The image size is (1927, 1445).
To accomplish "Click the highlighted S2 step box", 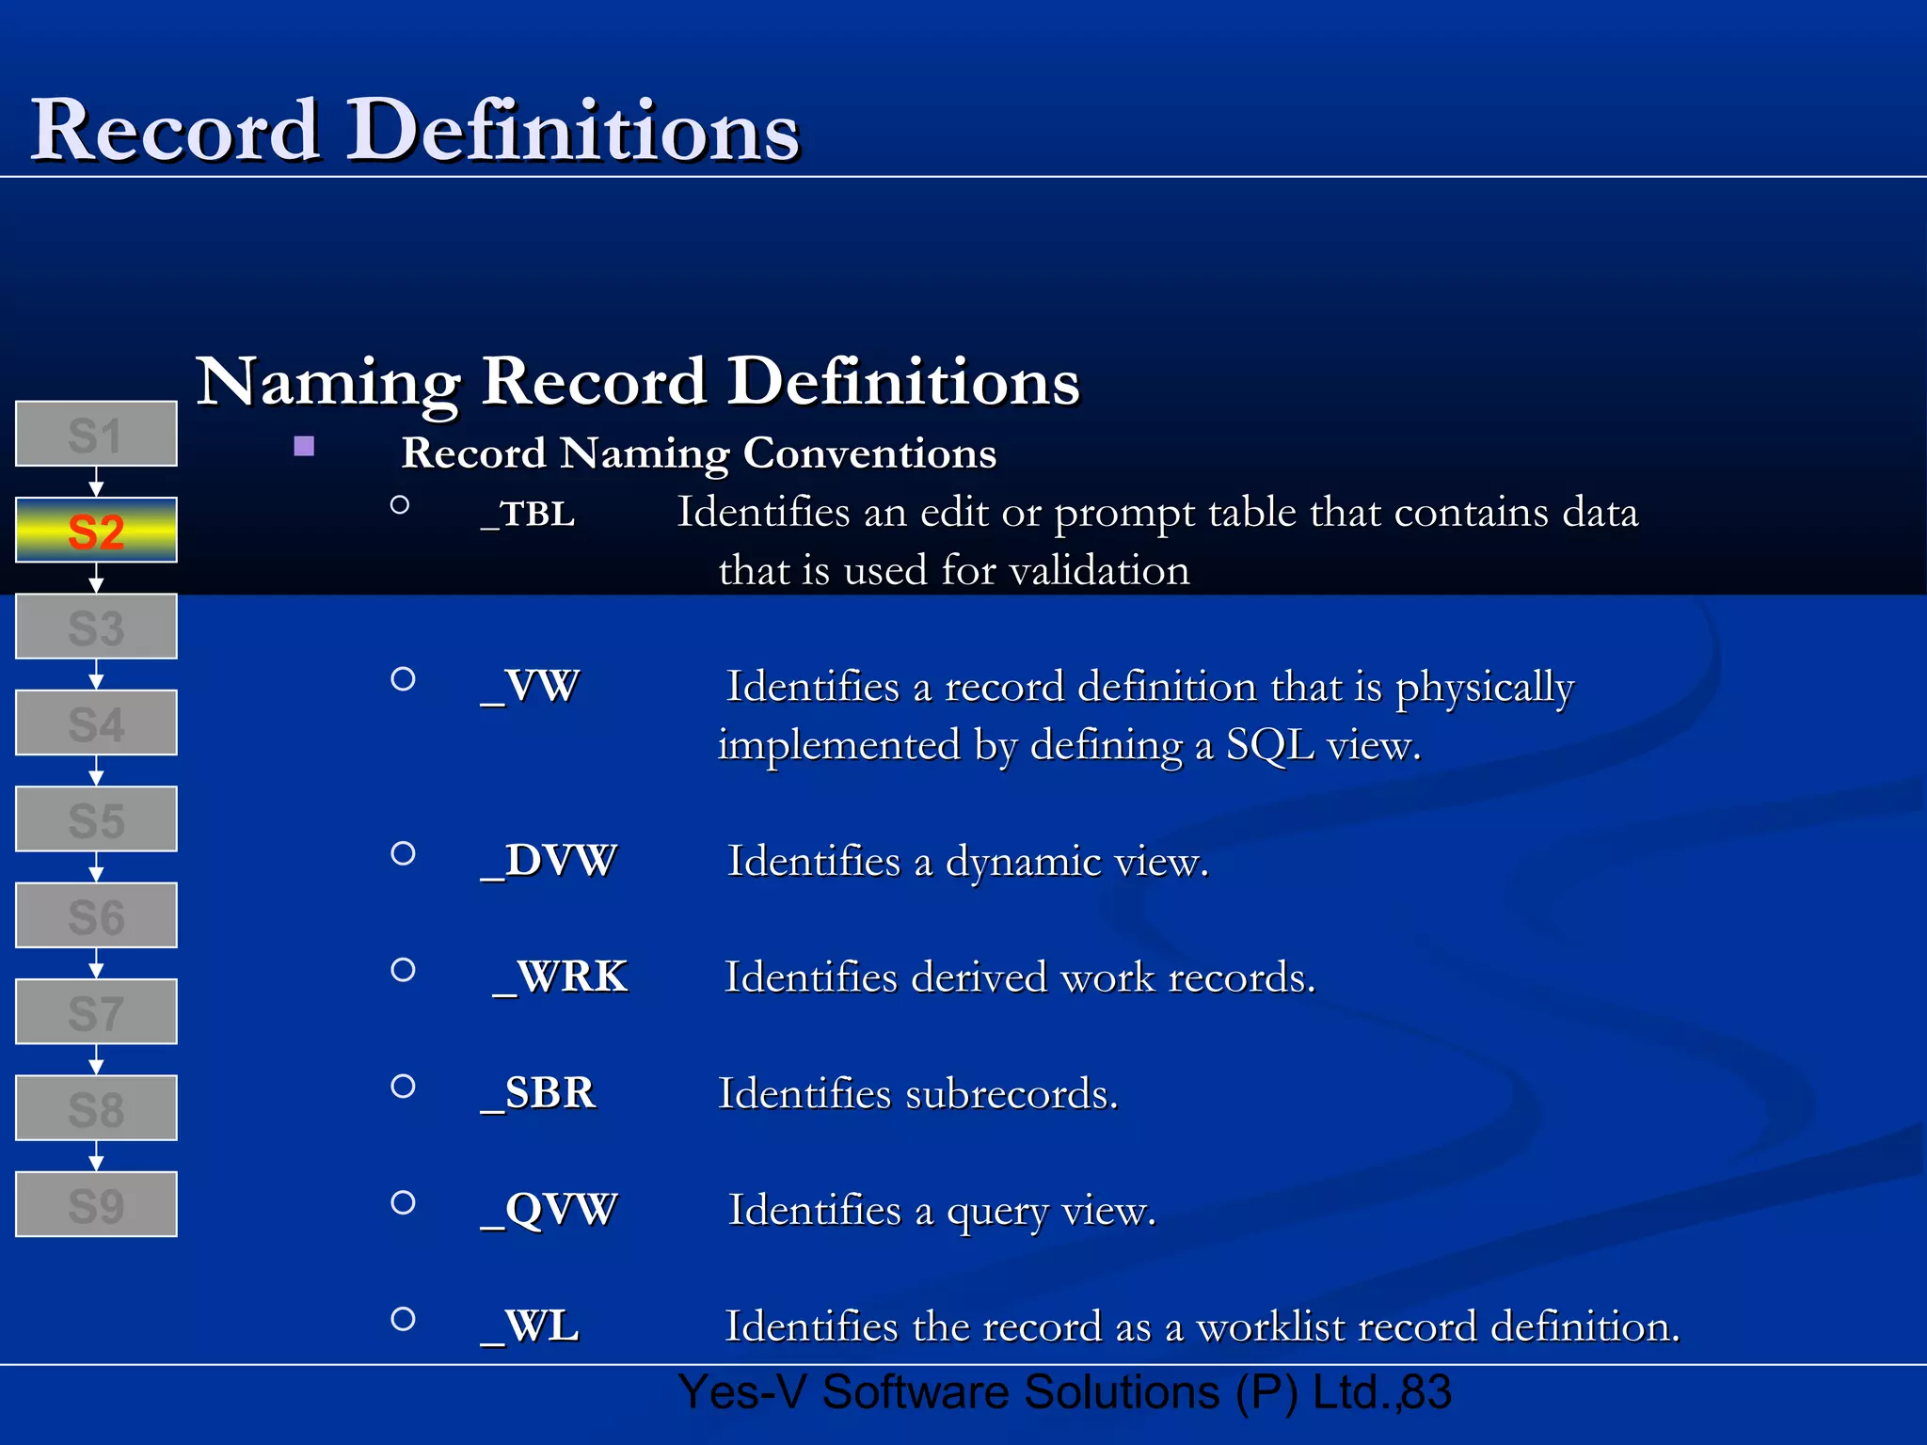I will [x=96, y=531].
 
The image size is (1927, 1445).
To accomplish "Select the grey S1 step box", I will [x=96, y=434].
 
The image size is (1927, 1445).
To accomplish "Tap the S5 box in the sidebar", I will [x=96, y=819].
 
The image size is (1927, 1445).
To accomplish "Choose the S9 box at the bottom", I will [x=96, y=1204].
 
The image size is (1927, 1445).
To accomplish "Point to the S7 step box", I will [x=96, y=1012].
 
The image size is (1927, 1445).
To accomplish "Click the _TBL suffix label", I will [x=528, y=515].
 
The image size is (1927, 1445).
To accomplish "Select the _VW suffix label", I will [x=531, y=687].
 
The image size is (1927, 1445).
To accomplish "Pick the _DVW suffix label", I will [x=549, y=861].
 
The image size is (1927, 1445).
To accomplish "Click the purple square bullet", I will [x=304, y=446].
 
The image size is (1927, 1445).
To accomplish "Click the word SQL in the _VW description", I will [x=1269, y=745].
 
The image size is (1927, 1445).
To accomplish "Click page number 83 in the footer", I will [x=1426, y=1392].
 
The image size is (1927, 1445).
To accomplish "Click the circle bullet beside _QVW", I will [x=403, y=1202].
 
